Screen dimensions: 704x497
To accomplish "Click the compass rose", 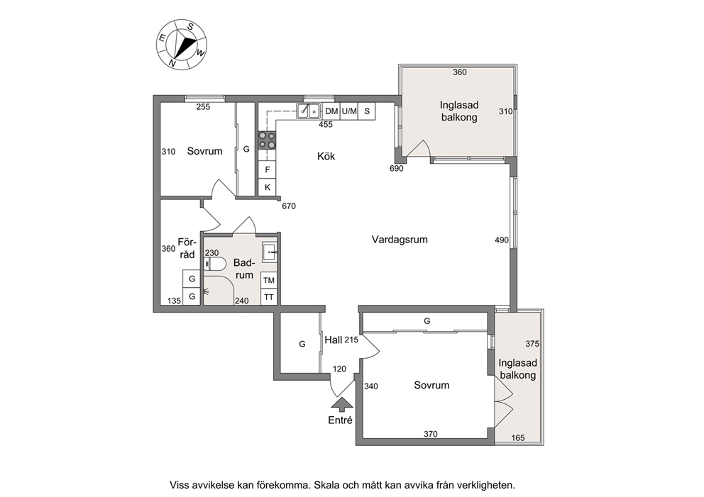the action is click(182, 44).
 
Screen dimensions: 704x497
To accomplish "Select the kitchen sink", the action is click(309, 111).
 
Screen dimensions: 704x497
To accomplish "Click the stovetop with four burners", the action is click(267, 140).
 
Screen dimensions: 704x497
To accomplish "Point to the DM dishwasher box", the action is click(331, 111).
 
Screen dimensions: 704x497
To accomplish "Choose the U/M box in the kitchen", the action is click(349, 111).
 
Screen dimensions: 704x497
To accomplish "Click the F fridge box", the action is click(267, 169).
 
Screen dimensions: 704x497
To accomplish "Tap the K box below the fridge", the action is click(267, 187).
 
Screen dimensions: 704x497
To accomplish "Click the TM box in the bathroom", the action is click(269, 280).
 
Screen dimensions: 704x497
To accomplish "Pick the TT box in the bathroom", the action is click(269, 297).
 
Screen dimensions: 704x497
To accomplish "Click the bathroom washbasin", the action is click(270, 252).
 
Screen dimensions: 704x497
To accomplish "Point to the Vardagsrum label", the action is click(400, 240).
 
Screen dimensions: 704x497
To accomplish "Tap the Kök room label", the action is click(326, 157).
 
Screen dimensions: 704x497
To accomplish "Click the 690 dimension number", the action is click(397, 169).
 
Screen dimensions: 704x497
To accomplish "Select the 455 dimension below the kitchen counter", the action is click(326, 124).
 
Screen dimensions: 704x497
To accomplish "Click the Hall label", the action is click(334, 340).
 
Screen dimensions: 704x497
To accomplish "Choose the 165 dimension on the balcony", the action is click(517, 437).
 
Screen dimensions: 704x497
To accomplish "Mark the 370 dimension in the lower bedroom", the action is click(431, 434).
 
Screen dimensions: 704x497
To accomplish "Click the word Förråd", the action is click(187, 248).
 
